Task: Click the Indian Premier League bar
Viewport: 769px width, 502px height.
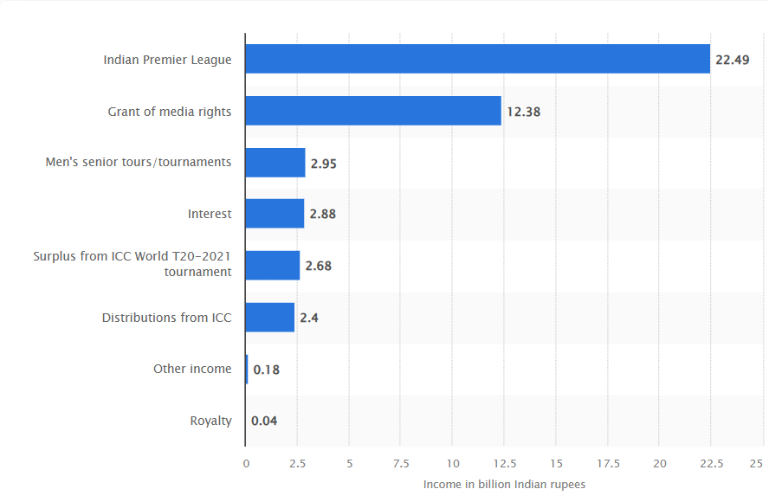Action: (477, 60)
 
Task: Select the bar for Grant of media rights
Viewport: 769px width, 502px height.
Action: (373, 111)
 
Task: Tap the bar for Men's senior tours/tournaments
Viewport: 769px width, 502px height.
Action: (275, 163)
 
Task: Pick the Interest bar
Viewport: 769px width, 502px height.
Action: (275, 214)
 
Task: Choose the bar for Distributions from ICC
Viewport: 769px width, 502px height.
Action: (270, 318)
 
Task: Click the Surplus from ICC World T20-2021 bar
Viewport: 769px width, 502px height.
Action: (273, 266)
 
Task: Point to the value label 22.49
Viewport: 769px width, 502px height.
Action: (732, 61)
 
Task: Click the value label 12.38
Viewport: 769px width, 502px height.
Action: (523, 112)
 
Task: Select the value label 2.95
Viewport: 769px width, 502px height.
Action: (324, 164)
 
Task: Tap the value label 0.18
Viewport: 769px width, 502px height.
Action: (266, 370)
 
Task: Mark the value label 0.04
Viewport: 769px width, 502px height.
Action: (264, 422)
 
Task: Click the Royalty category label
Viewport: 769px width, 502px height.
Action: (210, 422)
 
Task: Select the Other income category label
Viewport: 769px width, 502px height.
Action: (192, 369)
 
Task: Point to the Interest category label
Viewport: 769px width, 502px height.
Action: (210, 214)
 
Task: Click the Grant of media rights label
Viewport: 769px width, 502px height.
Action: (169, 112)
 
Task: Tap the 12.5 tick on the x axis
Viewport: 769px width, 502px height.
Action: (503, 464)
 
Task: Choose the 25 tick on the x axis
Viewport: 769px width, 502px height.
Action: (756, 464)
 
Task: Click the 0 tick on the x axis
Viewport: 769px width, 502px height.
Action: (246, 464)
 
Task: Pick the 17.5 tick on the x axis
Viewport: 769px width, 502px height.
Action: (607, 464)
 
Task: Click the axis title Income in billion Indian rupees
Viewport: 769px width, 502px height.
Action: (504, 485)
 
